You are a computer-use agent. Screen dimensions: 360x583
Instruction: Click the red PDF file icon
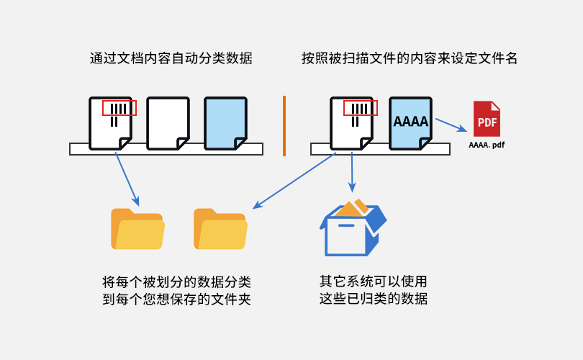pyautogui.click(x=487, y=119)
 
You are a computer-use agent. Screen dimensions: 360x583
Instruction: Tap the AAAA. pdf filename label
pyautogui.click(x=487, y=145)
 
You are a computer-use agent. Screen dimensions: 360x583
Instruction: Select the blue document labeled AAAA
pyautogui.click(x=411, y=123)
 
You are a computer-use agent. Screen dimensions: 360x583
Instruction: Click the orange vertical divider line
pyautogui.click(x=284, y=125)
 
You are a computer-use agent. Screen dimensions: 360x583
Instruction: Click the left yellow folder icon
pyautogui.click(x=137, y=228)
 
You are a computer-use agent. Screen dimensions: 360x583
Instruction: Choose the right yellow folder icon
pyautogui.click(x=220, y=228)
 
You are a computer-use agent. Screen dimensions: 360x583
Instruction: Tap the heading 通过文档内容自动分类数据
pyautogui.click(x=171, y=59)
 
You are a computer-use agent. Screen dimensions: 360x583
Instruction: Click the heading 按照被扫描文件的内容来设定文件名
pyautogui.click(x=410, y=59)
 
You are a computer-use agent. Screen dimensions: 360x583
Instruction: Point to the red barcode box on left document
pyautogui.click(x=119, y=109)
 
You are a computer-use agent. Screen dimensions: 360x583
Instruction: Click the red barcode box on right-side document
pyautogui.click(x=360, y=109)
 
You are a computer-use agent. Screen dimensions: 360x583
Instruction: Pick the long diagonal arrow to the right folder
pyautogui.click(x=295, y=180)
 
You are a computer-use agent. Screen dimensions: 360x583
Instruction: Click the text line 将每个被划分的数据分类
pyautogui.click(x=177, y=282)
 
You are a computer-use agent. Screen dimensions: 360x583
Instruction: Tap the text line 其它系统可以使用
pyautogui.click(x=374, y=281)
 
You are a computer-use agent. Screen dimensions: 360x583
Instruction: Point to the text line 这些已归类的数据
pyautogui.click(x=374, y=298)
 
